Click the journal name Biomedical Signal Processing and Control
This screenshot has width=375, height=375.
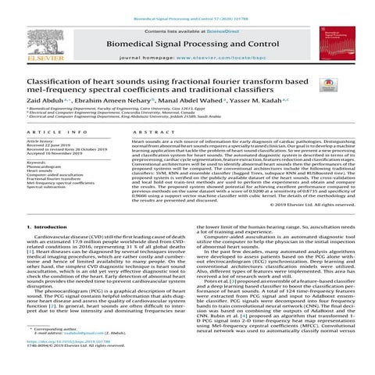(188, 45)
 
